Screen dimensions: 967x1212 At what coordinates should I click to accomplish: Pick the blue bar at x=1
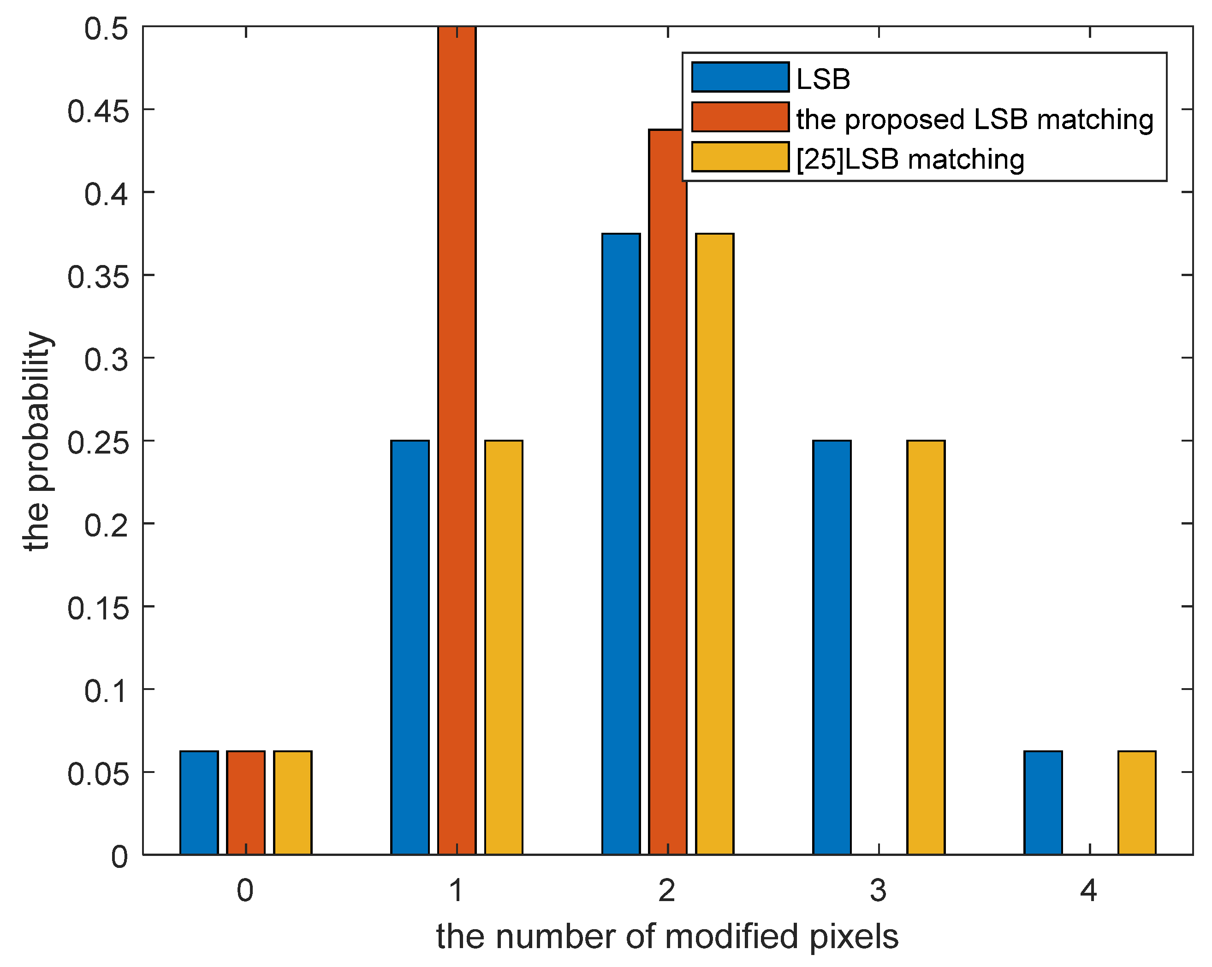(x=410, y=646)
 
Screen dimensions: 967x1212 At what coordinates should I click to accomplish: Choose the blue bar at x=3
(x=832, y=646)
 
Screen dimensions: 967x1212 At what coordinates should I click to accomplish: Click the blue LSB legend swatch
(x=740, y=77)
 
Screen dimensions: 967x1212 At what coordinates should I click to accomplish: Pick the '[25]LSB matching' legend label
(x=910, y=159)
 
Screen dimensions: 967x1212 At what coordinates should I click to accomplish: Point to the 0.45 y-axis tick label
(x=98, y=111)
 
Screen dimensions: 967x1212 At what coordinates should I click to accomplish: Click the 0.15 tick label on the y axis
(x=98, y=608)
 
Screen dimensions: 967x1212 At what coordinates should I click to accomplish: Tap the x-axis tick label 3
(x=878, y=890)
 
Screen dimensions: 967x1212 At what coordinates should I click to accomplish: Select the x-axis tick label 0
(x=245, y=890)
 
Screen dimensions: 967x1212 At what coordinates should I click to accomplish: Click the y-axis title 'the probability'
(x=37, y=442)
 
